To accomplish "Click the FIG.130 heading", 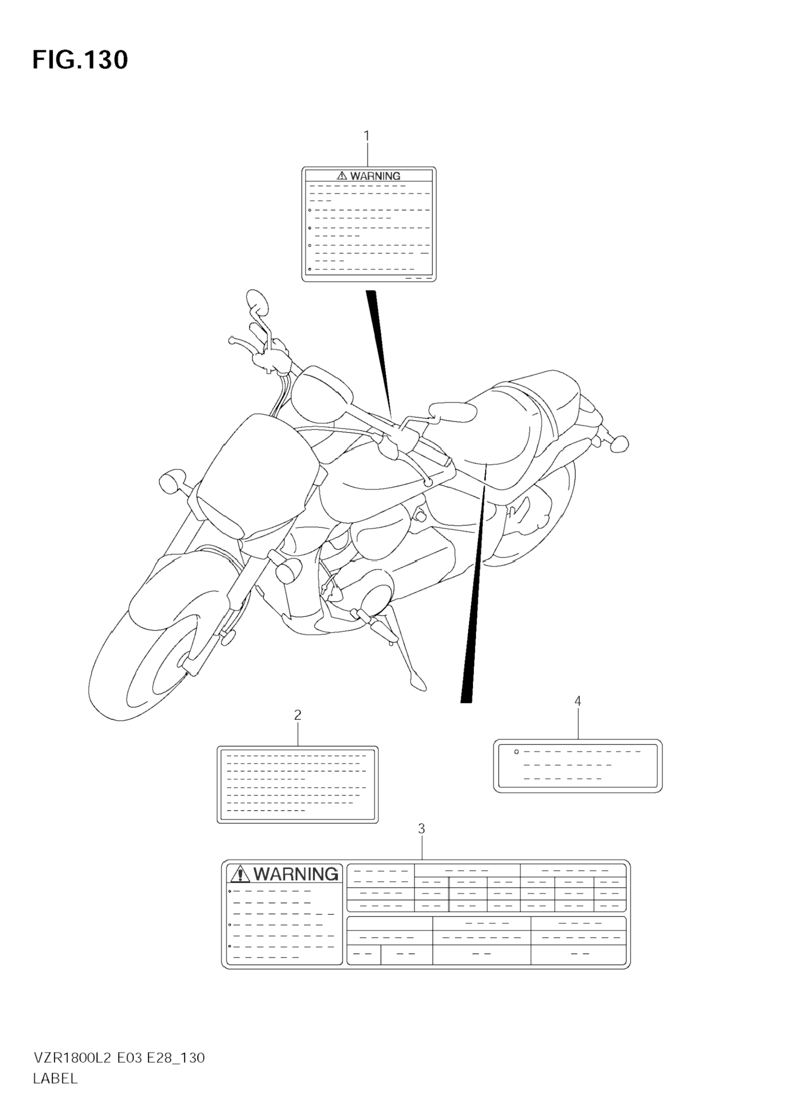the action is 80,60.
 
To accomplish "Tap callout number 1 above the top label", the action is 367,136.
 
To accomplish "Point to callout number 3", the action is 421,842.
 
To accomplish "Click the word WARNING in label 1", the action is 375,176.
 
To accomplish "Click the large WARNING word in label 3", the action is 296,874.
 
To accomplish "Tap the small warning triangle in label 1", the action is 342,175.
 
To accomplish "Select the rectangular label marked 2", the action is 298,784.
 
